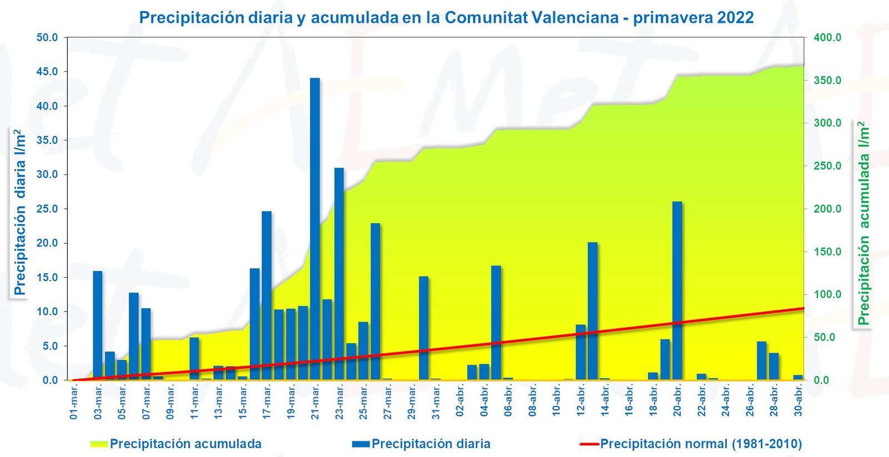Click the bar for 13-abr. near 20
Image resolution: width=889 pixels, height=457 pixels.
[x=593, y=311]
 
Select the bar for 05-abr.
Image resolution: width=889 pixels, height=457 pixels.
[x=496, y=323]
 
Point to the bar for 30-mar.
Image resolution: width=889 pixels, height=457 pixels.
[x=424, y=328]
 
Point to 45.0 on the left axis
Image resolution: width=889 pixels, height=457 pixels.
[x=47, y=72]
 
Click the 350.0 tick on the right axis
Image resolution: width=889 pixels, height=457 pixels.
[x=827, y=81]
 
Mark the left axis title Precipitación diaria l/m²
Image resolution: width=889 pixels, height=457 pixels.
[x=20, y=213]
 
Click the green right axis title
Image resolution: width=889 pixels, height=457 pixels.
[x=863, y=224]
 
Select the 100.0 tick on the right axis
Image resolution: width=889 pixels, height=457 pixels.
[x=827, y=294]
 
